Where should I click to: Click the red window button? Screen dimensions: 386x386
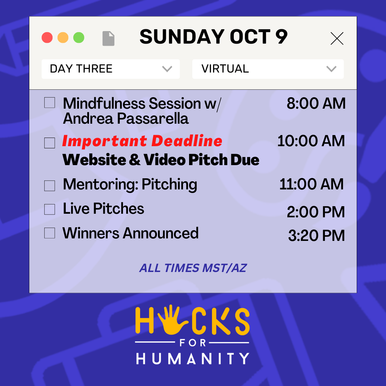tap(47, 38)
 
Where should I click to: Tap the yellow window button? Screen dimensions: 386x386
tap(63, 38)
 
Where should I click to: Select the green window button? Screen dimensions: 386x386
tap(79, 38)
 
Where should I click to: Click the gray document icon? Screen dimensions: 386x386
tap(108, 38)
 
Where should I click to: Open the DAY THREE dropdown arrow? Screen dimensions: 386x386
tap(167, 69)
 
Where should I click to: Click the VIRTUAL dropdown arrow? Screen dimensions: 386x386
tap(331, 69)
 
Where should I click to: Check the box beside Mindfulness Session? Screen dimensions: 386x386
tap(50, 103)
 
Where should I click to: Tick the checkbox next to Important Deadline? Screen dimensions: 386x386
tap(50, 143)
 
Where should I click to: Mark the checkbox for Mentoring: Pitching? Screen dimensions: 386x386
tap(50, 186)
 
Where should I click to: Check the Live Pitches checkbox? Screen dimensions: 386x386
tap(50, 209)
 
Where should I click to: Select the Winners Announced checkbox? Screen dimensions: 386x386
tap(50, 233)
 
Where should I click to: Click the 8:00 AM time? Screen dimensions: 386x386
tap(316, 104)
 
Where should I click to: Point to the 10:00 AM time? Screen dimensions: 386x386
tap(311, 141)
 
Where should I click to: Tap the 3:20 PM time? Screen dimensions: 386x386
tap(316, 236)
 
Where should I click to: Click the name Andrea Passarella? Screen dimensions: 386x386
tap(125, 119)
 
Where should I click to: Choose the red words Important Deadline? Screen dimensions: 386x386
tap(142, 141)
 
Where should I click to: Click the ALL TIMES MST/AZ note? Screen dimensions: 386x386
tap(193, 268)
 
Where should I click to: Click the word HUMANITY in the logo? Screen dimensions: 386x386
tap(193, 358)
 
